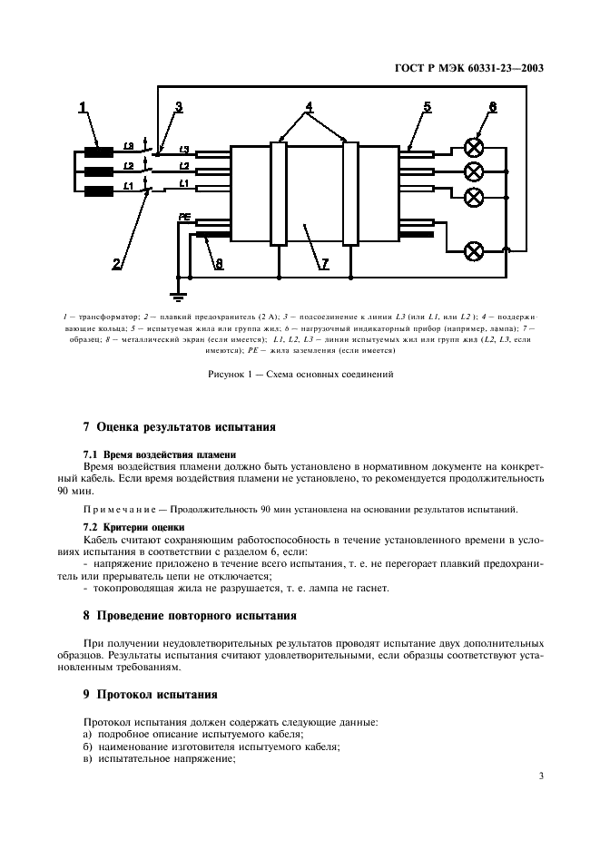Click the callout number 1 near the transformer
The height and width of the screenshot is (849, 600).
(83, 109)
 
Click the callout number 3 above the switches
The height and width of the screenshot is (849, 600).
(179, 107)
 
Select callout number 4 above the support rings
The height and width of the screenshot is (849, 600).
(310, 107)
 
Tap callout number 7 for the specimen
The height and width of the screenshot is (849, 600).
(324, 264)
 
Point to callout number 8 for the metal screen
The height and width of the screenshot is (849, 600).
(218, 264)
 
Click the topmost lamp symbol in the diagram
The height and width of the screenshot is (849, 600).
(473, 148)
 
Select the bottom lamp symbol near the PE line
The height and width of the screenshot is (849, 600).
(473, 249)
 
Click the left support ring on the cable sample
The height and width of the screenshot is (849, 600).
(279, 193)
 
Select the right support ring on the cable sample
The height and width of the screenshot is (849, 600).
(349, 193)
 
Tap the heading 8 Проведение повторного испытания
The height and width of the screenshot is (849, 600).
(190, 616)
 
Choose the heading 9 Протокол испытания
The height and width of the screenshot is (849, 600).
(150, 695)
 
